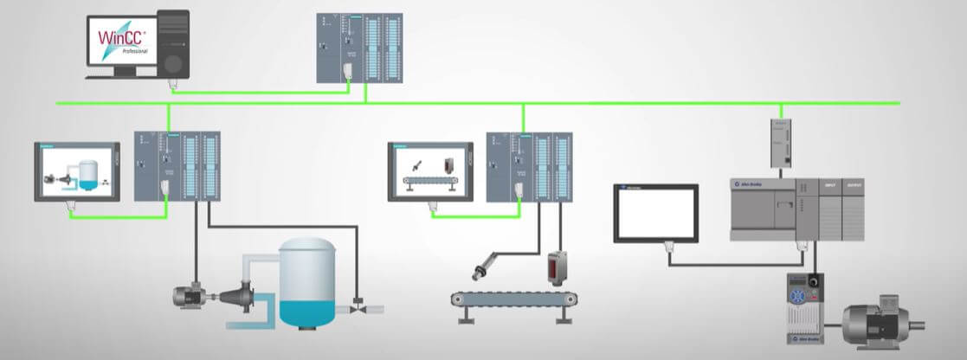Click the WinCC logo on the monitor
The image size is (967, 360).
122,38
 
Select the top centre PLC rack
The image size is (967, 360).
359,48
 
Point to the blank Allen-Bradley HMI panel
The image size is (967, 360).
655,213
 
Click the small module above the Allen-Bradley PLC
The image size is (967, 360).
782,144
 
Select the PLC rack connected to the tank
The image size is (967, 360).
177,165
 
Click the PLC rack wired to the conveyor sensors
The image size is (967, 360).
529,165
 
